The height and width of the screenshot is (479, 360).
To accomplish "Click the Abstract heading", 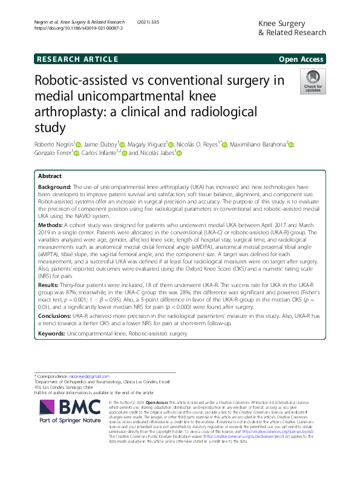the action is tap(50, 175).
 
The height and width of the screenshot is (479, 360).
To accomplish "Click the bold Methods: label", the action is tap(50, 224).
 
